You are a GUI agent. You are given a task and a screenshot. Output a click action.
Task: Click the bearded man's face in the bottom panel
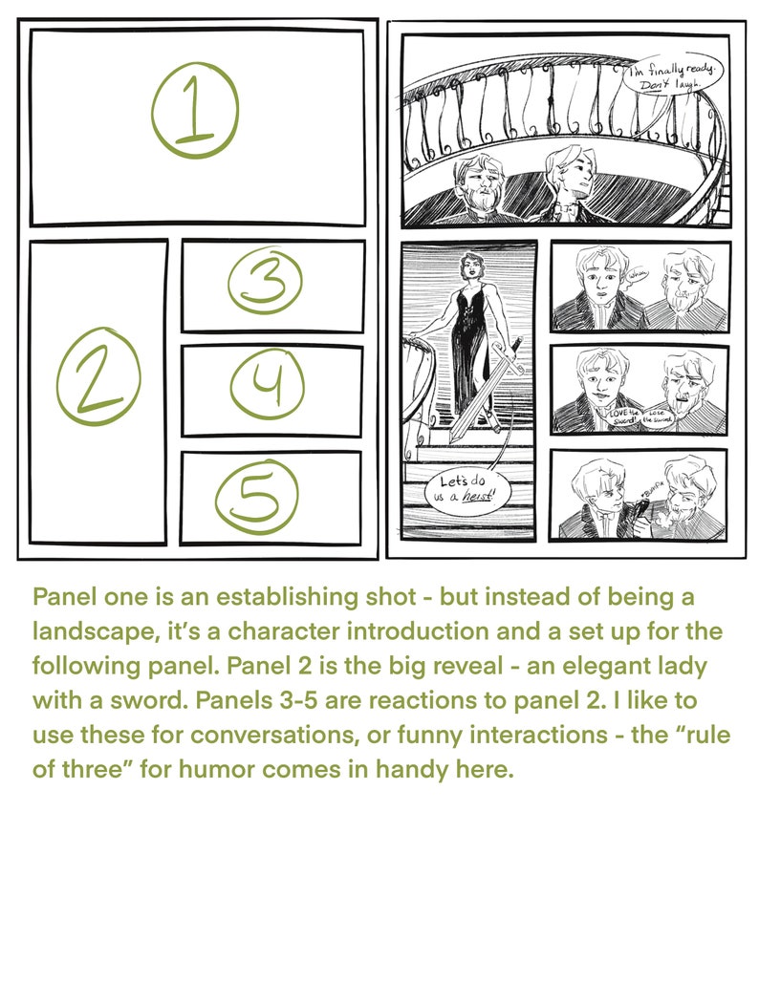[x=684, y=486]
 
